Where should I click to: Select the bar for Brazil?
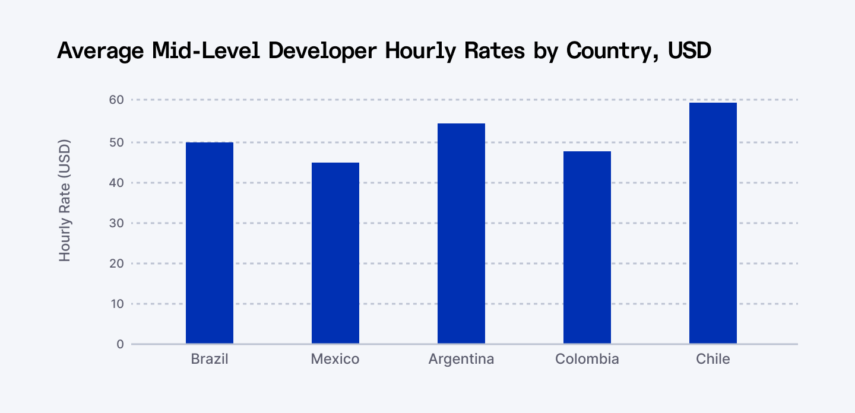210,243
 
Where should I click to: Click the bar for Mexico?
335,253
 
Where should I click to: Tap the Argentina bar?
461,234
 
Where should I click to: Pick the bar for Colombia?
587,247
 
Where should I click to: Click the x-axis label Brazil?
210,359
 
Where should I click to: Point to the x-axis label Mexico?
335,359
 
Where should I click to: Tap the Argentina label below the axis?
461,360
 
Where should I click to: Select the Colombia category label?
587,359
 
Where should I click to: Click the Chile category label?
713,359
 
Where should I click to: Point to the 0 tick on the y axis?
120,344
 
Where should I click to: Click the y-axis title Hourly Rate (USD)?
65,201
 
